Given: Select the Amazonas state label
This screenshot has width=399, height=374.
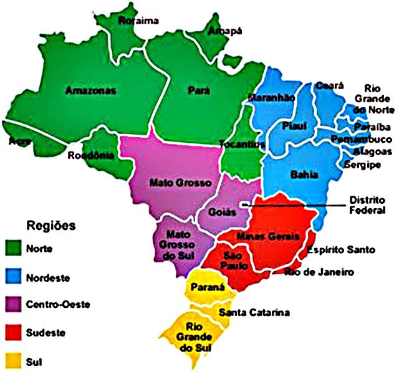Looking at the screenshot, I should (91, 91).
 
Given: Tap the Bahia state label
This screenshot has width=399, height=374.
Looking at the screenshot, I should (304, 175).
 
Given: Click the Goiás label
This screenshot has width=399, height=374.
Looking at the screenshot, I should (223, 212).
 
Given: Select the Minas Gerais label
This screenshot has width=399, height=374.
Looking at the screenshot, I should (268, 237).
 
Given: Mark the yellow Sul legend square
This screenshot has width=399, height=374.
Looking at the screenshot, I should (12, 361).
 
